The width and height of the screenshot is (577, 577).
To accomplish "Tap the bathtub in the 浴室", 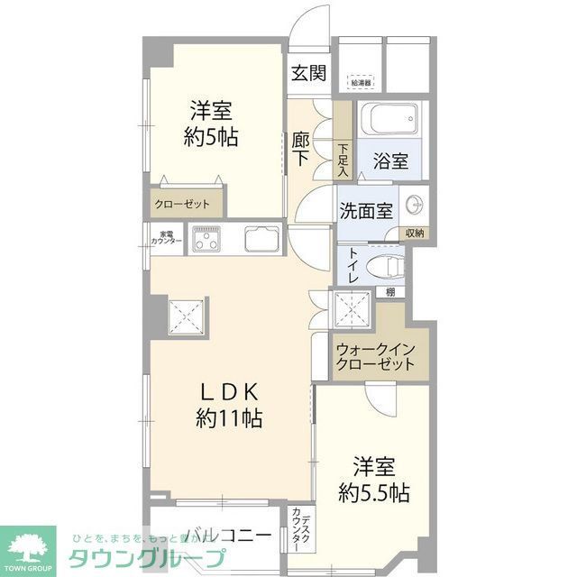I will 388,120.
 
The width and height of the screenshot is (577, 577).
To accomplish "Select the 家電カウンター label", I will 166,239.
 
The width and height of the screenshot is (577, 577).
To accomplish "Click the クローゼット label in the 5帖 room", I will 181,204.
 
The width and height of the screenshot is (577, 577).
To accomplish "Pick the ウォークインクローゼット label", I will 375,357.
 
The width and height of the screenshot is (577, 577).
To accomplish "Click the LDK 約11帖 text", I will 229,406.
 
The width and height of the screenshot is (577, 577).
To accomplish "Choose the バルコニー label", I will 227,536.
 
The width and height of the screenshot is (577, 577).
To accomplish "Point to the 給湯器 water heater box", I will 361,82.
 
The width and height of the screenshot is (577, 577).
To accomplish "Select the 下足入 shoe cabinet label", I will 343,159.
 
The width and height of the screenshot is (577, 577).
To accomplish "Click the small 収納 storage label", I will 414,234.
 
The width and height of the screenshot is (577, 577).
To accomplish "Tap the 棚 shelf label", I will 389,291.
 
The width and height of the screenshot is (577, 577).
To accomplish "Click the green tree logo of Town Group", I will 27,547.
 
